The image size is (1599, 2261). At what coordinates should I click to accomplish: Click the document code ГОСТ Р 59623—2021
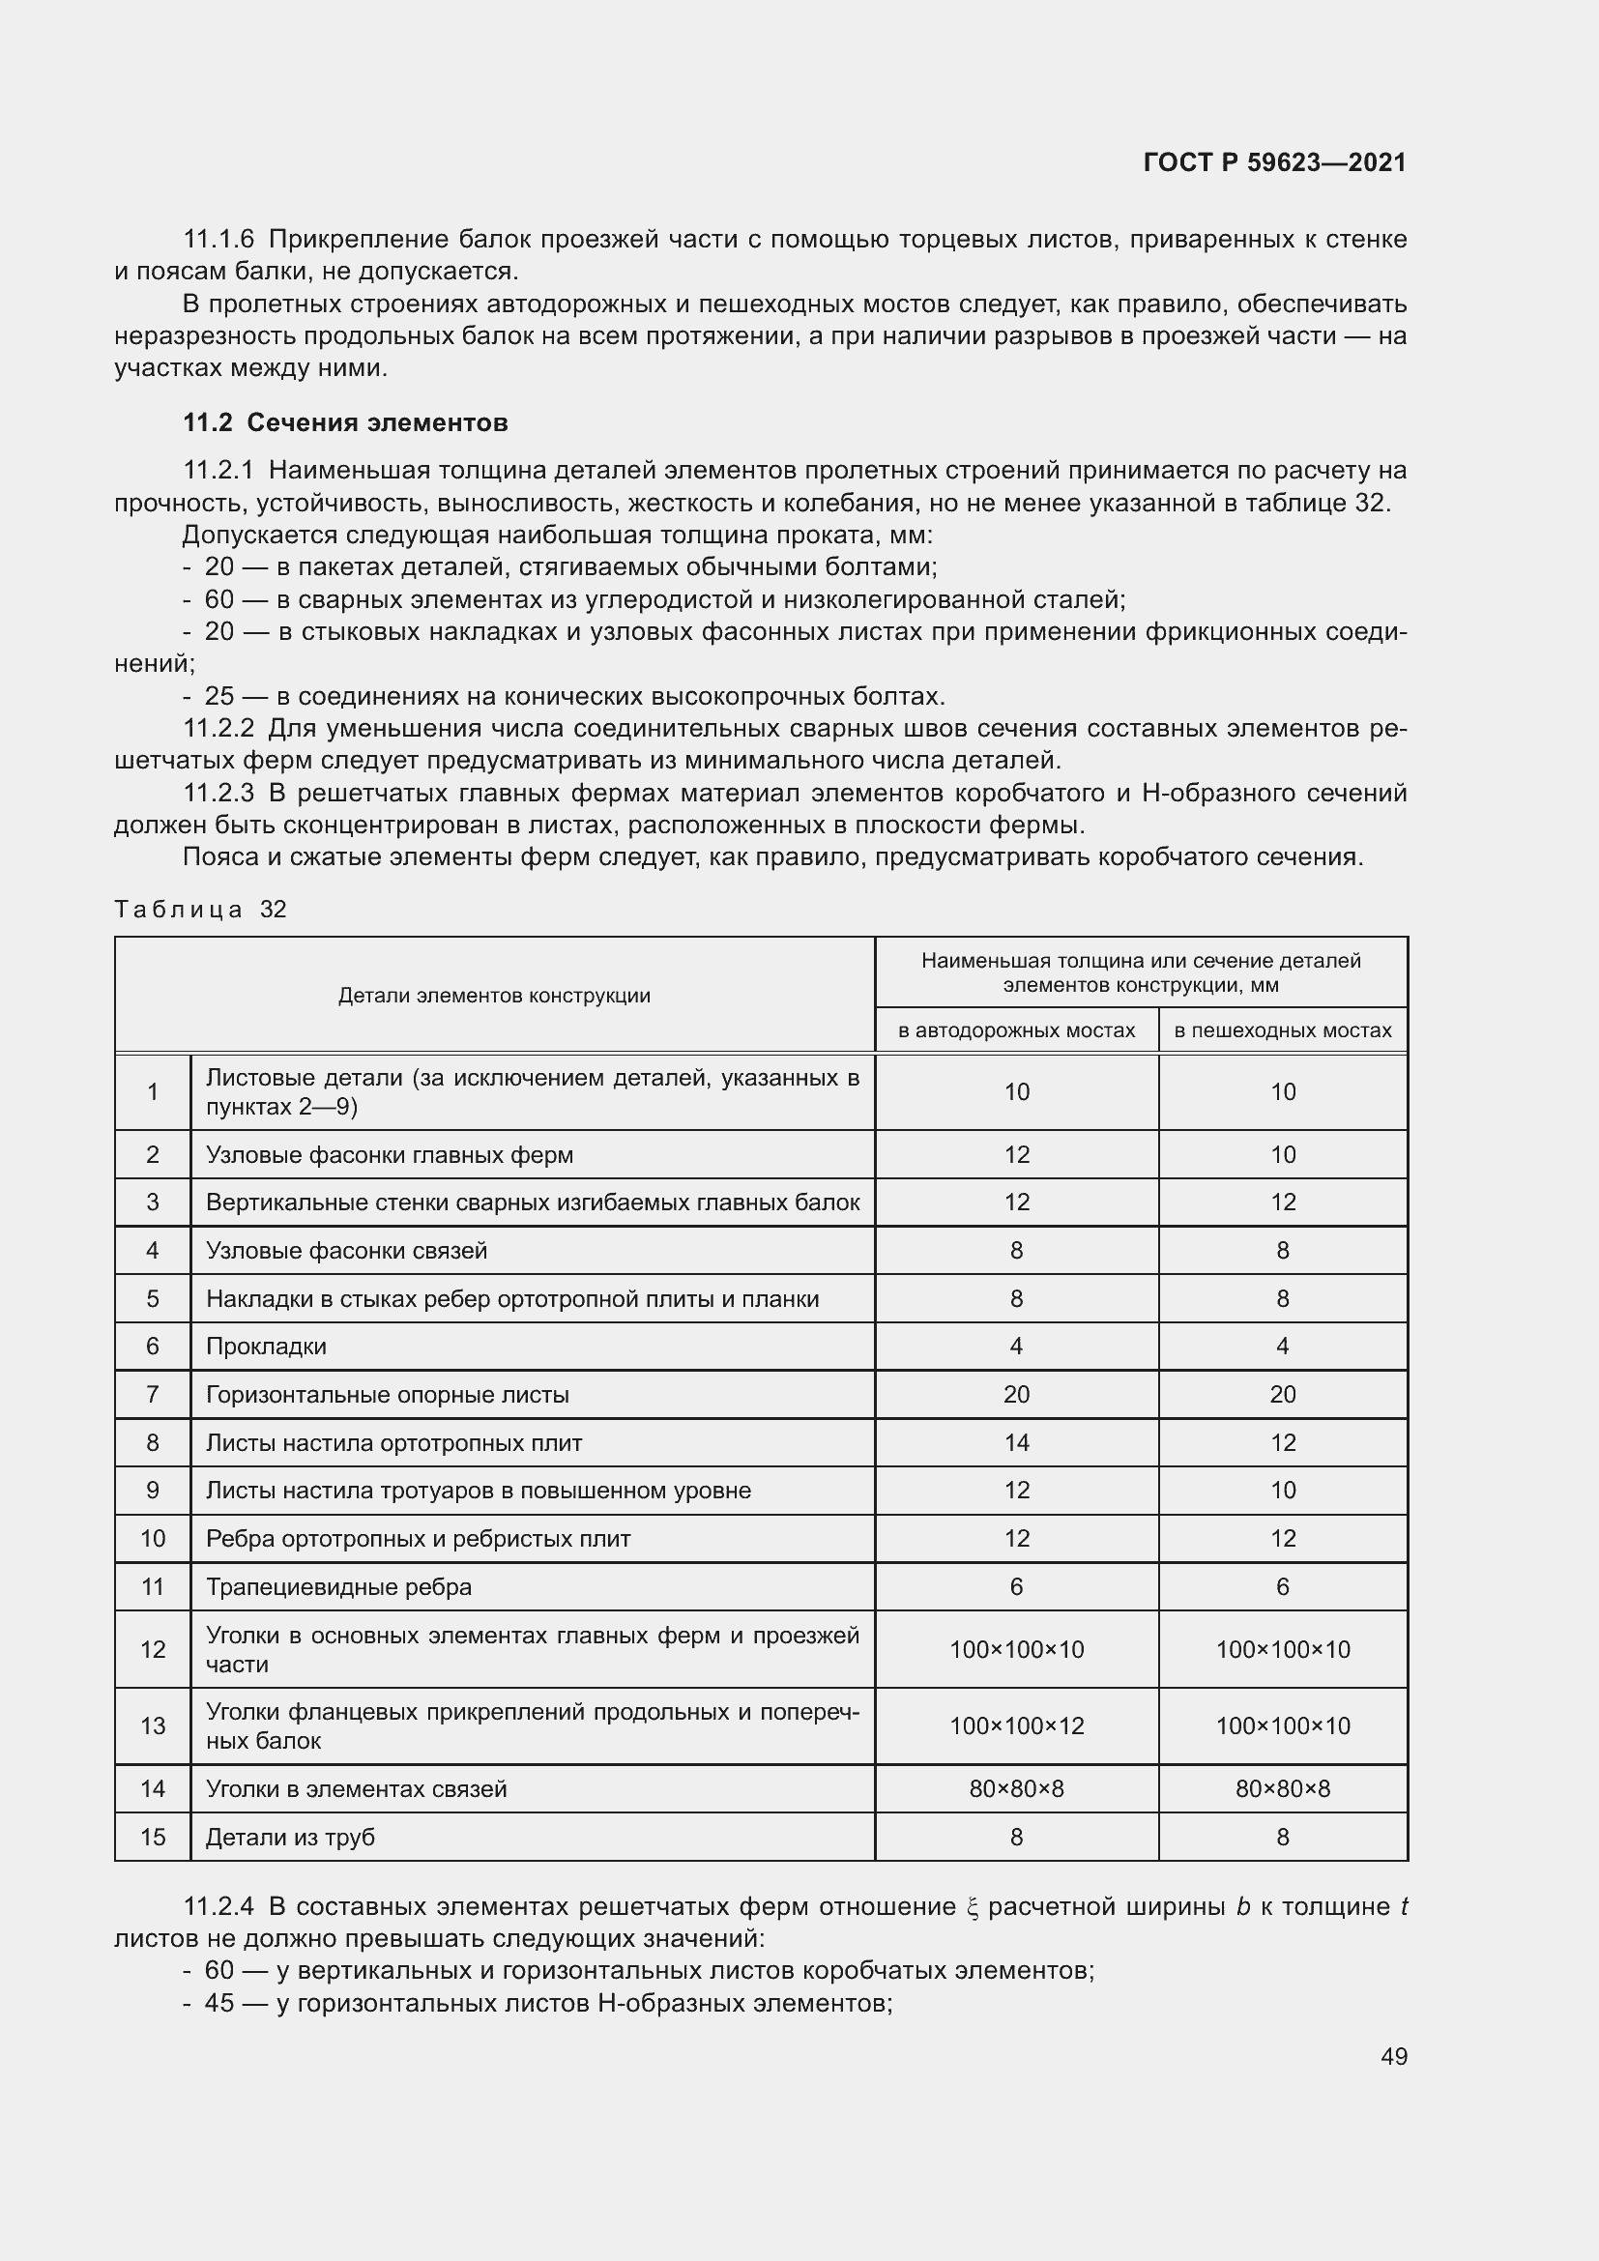(x=1274, y=162)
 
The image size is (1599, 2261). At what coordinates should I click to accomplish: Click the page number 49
(x=1393, y=2056)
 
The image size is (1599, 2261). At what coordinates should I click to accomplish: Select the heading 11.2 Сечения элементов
(x=344, y=422)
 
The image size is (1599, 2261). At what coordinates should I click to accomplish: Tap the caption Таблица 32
(x=200, y=909)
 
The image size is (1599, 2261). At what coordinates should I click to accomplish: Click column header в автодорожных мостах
(x=1016, y=1030)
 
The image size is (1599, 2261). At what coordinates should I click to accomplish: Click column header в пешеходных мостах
(x=1282, y=1030)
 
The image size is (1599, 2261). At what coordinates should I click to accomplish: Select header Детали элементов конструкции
(x=494, y=995)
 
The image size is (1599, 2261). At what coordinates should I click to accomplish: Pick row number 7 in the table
(x=153, y=1395)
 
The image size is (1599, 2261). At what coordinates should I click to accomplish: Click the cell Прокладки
(x=266, y=1347)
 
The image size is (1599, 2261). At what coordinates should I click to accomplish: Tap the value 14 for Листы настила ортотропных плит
(x=1016, y=1442)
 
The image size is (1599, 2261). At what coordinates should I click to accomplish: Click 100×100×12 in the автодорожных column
(x=1016, y=1725)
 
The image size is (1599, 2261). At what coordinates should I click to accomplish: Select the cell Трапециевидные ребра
(x=338, y=1586)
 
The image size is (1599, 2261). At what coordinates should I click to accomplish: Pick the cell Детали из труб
(x=289, y=1837)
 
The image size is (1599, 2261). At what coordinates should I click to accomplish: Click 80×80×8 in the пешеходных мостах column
(x=1282, y=1788)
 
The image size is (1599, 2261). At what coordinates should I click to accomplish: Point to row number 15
(x=153, y=1837)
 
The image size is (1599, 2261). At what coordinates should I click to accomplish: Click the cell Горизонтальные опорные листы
(x=387, y=1395)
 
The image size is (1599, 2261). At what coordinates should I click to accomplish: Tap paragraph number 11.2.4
(x=218, y=1906)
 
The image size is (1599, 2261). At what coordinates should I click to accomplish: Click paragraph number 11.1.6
(x=218, y=240)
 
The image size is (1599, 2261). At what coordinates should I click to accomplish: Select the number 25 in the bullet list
(x=218, y=696)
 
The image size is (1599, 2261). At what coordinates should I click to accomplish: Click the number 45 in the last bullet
(x=218, y=2003)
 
